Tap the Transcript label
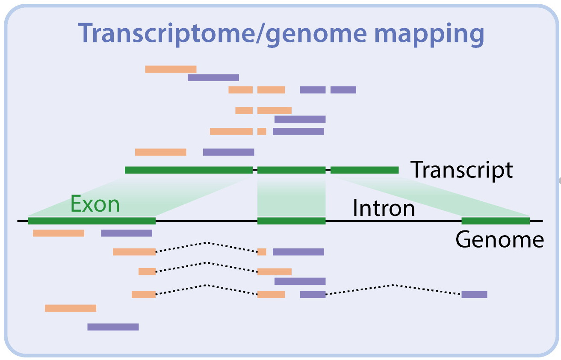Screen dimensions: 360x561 click(461, 170)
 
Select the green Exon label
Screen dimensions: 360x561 click(95, 204)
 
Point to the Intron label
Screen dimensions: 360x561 click(384, 208)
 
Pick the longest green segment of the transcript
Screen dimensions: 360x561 click(189, 170)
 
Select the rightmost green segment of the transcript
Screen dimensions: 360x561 click(364, 170)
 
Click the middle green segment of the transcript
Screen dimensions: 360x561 click(291, 170)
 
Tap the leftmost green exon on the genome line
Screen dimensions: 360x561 click(92, 221)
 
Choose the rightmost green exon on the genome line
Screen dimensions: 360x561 click(496, 221)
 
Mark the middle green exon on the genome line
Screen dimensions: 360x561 click(291, 221)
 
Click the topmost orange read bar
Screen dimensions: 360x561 click(171, 69)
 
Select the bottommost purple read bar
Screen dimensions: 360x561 click(113, 327)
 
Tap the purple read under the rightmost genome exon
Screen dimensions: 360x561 click(474, 295)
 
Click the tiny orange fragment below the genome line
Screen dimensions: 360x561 click(262, 252)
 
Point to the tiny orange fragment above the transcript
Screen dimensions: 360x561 click(262, 131)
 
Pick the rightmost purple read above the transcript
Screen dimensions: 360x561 click(343, 90)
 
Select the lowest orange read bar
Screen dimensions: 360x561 click(71, 308)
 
